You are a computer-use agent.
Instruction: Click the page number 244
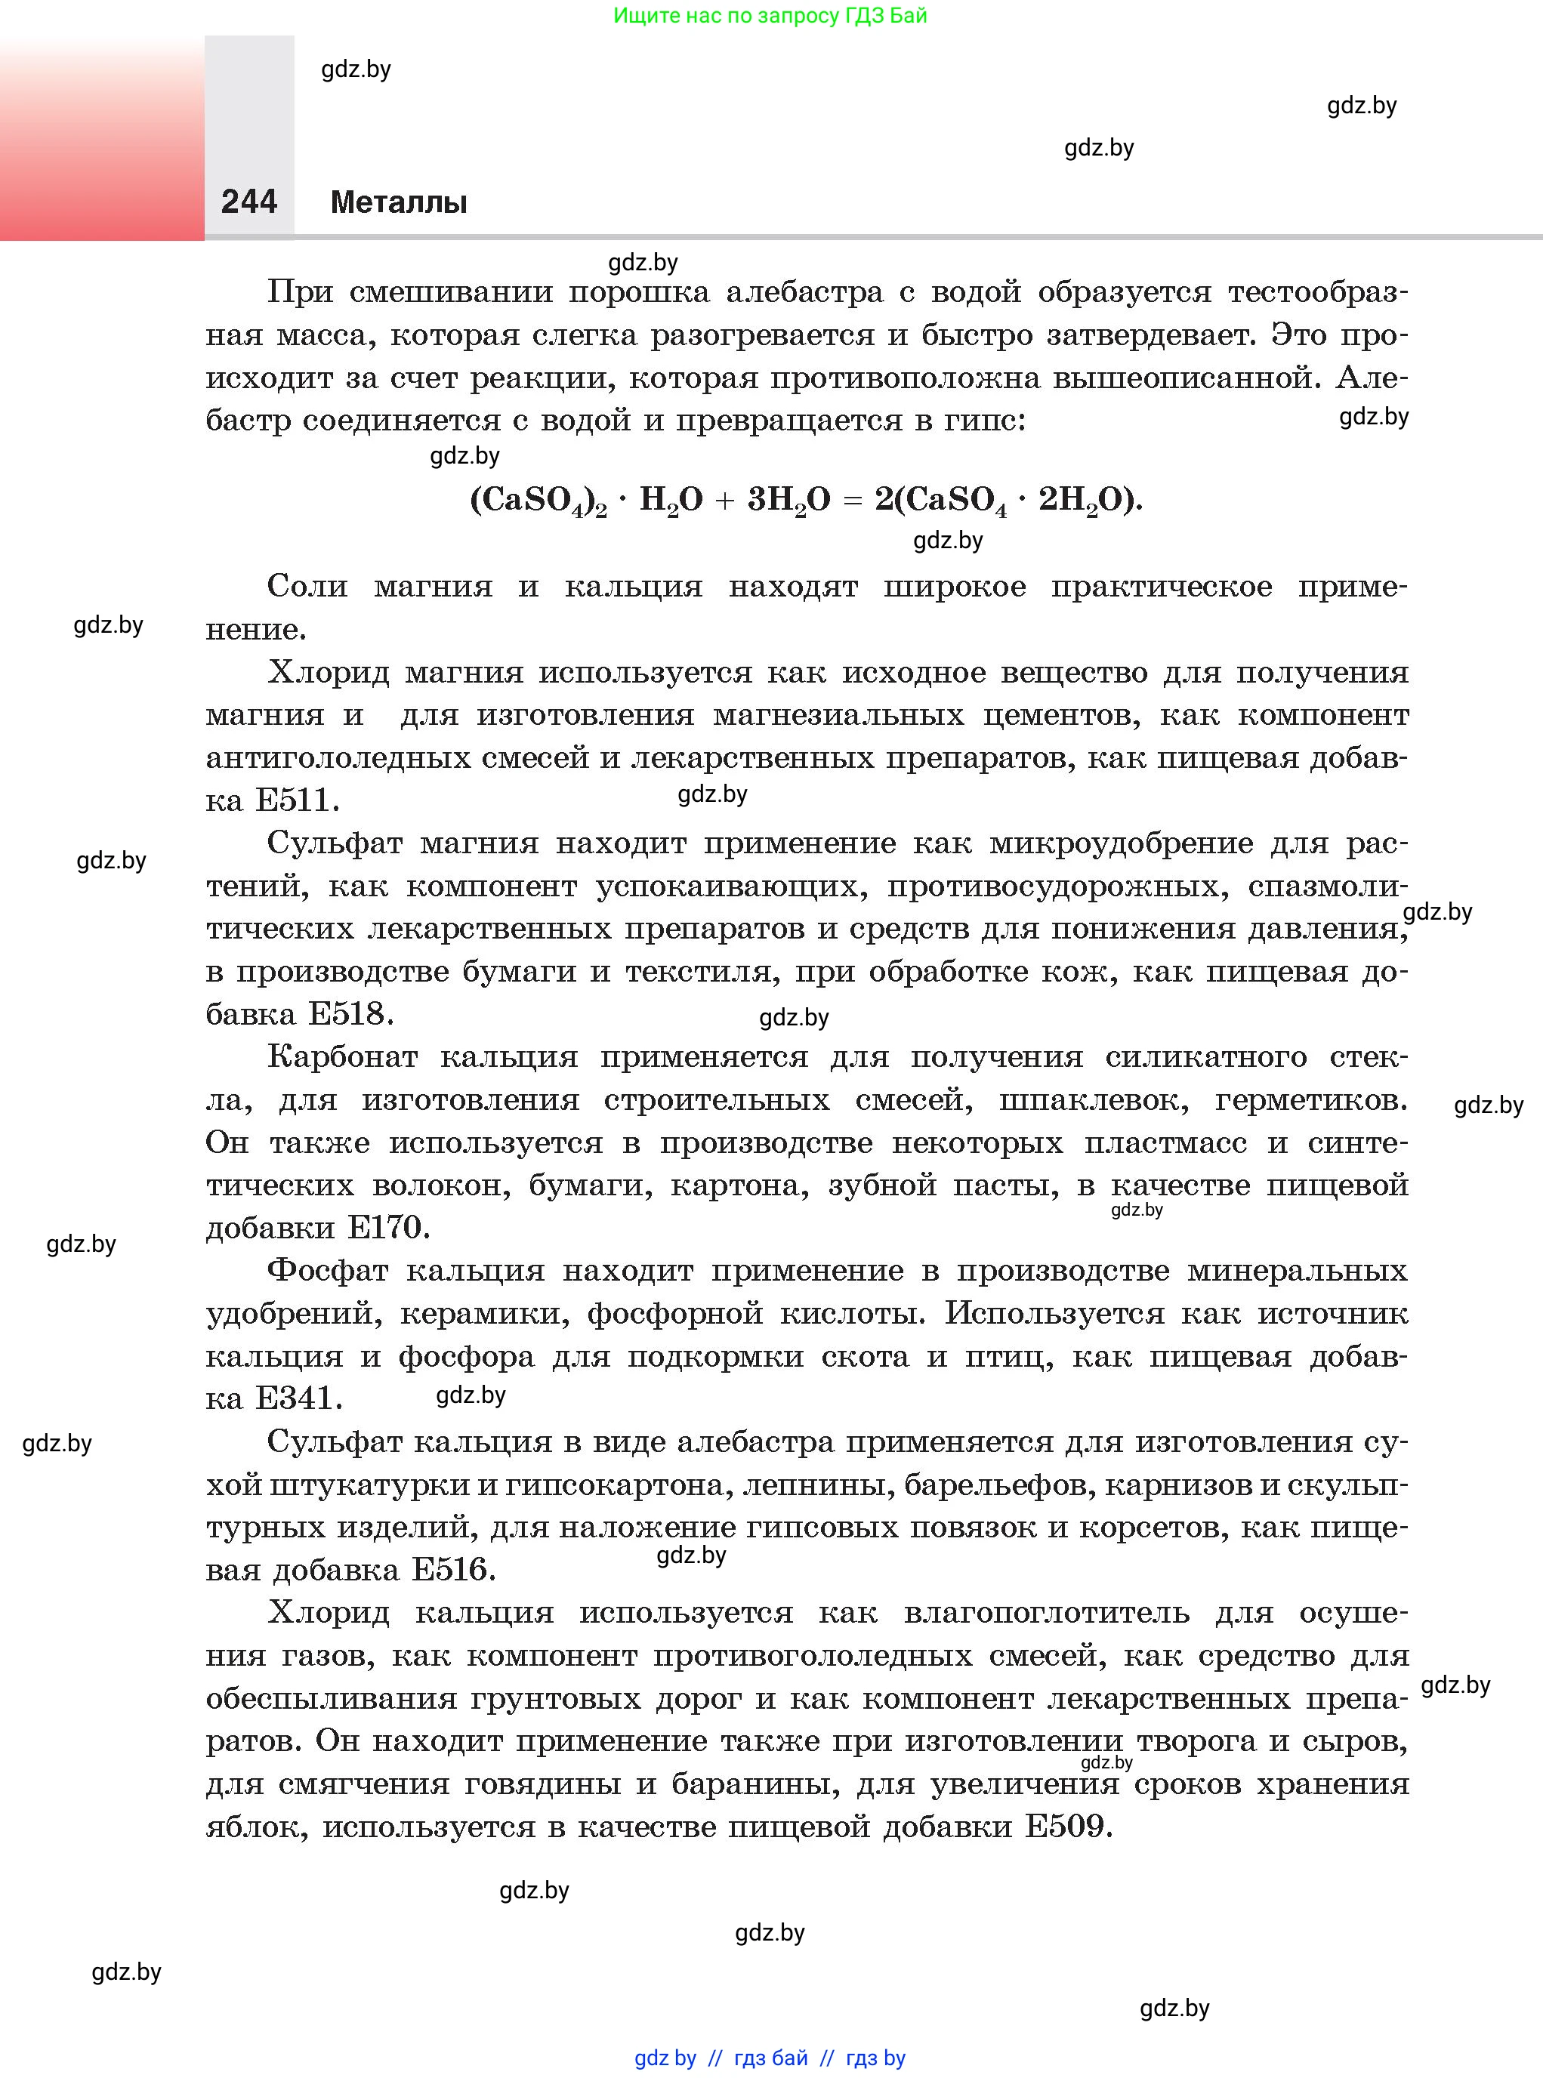pyautogui.click(x=248, y=202)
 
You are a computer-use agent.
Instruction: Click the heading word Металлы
pyautogui.click(x=399, y=202)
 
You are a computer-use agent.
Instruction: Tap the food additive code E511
pyautogui.click(x=293, y=800)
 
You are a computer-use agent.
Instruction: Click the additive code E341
pyautogui.click(x=295, y=1398)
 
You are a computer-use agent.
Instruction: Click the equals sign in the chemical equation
pyautogui.click(x=852, y=501)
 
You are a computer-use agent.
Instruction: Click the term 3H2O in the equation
pyautogui.click(x=788, y=501)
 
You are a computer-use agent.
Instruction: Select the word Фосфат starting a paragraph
pyautogui.click(x=327, y=1270)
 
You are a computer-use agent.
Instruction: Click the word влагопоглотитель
pyautogui.click(x=1046, y=1612)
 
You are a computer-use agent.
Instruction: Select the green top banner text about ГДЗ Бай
pyautogui.click(x=770, y=16)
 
